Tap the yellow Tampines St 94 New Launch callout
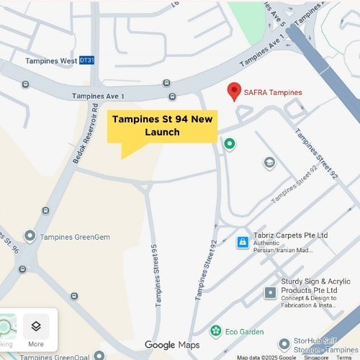162,127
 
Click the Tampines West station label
50,61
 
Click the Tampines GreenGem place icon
30,235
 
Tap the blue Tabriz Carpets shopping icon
243,242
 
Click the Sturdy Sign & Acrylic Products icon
270,292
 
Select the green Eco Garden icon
215,331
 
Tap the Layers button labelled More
36,330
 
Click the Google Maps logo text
171,346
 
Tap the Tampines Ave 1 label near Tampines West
98,96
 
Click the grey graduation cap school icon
269,162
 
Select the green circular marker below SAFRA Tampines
230,144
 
